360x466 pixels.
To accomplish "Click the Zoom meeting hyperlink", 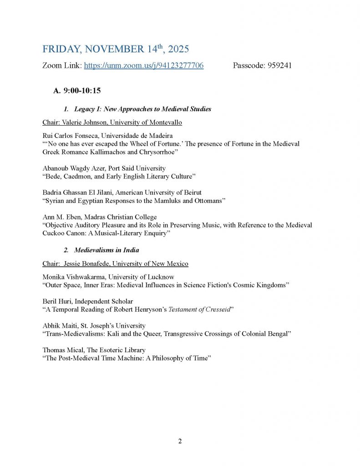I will (144, 66).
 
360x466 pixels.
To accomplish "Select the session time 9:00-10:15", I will (82, 91).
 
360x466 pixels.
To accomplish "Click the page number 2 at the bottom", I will (180, 441).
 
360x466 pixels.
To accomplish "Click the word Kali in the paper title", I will (128, 334).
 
